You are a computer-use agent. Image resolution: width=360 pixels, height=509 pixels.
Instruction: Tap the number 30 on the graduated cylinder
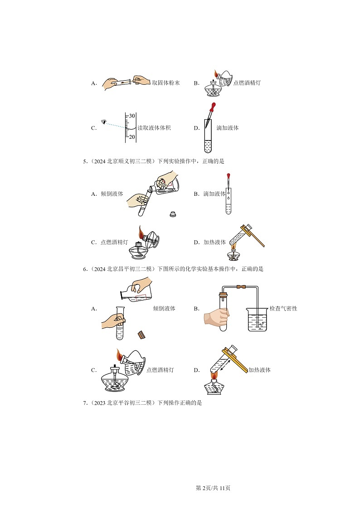(132, 116)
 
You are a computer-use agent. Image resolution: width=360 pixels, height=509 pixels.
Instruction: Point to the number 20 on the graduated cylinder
(132, 137)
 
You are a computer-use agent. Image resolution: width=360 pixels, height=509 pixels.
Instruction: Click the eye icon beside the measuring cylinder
(104, 121)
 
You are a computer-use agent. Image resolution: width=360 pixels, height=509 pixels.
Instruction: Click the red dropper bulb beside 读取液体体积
(212, 107)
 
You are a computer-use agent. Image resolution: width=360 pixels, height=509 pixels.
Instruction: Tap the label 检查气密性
(283, 309)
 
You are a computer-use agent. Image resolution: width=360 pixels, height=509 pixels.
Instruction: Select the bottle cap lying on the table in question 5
(172, 213)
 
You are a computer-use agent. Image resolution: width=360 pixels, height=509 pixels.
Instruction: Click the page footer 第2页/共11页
(213, 488)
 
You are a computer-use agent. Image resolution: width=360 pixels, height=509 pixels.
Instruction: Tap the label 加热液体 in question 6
(259, 370)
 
